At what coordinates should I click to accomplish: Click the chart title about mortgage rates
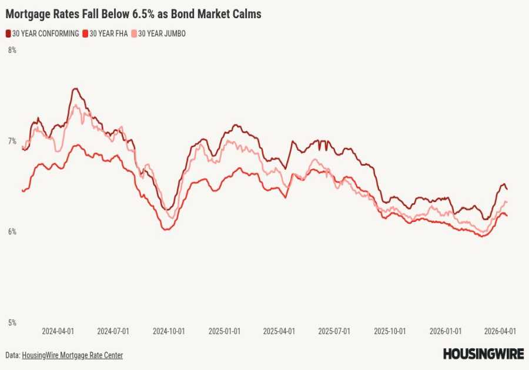coord(133,14)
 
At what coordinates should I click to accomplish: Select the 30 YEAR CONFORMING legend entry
coord(45,34)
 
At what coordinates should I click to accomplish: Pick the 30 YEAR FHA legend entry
coord(109,34)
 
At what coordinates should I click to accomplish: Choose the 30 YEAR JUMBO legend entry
coord(161,34)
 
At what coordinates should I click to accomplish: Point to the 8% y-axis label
coord(12,51)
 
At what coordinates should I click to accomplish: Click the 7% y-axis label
coord(12,141)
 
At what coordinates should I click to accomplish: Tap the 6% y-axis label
coord(12,232)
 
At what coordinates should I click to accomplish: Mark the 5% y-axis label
coord(12,322)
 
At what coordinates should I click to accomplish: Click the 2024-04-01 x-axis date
coord(58,331)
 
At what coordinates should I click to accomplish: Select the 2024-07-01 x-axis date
coord(113,331)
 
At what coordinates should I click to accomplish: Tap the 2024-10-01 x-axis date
coord(169,331)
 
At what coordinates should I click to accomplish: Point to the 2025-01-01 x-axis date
coord(225,331)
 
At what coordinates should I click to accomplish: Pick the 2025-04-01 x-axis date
coord(279,331)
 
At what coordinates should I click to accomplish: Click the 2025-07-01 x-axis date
coord(334,331)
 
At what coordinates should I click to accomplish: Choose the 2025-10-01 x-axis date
coord(390,331)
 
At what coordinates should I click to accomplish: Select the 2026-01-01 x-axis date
coord(446,331)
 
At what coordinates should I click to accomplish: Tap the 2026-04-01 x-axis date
coord(501,331)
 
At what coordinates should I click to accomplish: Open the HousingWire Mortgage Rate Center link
coord(72,355)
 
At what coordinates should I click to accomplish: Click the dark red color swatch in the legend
coord(8,34)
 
